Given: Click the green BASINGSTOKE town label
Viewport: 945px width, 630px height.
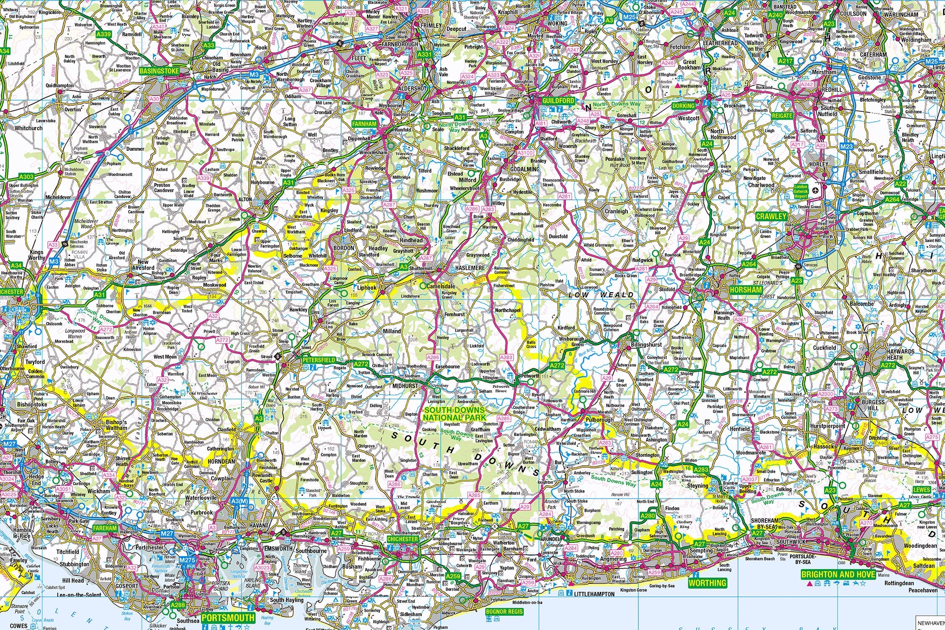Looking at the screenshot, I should (x=159, y=71).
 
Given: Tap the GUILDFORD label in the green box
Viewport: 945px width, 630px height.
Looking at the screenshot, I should (x=558, y=101).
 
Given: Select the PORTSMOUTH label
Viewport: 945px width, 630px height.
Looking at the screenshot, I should (x=228, y=617).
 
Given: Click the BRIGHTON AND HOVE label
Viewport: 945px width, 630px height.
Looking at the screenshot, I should (x=838, y=574).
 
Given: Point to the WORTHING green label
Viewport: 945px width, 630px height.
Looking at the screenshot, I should (x=707, y=583).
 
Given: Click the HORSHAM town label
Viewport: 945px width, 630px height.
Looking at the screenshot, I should (x=745, y=290).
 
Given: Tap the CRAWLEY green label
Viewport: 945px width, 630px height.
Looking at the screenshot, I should (x=771, y=216).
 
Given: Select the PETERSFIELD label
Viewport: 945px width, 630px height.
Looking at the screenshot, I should (x=318, y=360).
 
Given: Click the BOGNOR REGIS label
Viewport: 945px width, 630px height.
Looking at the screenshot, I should (x=504, y=612).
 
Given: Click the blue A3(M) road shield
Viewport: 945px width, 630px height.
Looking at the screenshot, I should (x=239, y=501).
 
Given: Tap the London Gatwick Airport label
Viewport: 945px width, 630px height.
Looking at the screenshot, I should (x=801, y=191).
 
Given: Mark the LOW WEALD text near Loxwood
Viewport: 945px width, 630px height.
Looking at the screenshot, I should (x=601, y=295).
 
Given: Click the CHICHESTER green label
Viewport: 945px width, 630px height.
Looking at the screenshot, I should (x=402, y=539).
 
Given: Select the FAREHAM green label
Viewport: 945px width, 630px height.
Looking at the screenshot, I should (x=104, y=528).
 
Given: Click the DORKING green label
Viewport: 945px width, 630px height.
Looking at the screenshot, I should (x=683, y=106).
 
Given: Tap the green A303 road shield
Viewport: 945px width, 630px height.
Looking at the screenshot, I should (x=26, y=177).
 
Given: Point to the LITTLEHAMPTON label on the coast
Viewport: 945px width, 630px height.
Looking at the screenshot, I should (x=594, y=594).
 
